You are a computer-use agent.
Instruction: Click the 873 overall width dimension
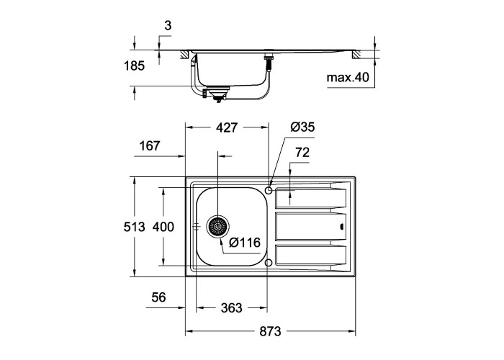point(270,331)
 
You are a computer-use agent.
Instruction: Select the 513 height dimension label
point(135,227)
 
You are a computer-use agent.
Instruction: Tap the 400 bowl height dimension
point(163,227)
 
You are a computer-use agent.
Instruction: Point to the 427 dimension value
point(227,127)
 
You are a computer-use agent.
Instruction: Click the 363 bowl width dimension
point(231,308)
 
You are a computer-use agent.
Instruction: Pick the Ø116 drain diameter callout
point(245,243)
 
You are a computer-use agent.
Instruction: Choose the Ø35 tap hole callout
point(302,127)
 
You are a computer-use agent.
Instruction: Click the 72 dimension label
point(302,153)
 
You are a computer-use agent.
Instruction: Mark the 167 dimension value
point(150,146)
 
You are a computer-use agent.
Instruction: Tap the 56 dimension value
point(159,297)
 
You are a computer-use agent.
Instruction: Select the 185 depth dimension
point(135,66)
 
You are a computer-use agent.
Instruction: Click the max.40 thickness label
point(348,78)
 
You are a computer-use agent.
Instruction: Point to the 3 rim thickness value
point(168,25)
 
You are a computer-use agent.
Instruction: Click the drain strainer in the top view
point(218,227)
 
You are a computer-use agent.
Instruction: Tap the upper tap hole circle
point(269,190)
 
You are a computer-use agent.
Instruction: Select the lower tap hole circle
point(269,263)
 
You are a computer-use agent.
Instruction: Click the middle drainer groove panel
point(311,226)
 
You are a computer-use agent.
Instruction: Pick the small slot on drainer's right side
point(342,227)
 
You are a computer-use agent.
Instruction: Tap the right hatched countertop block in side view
point(356,55)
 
